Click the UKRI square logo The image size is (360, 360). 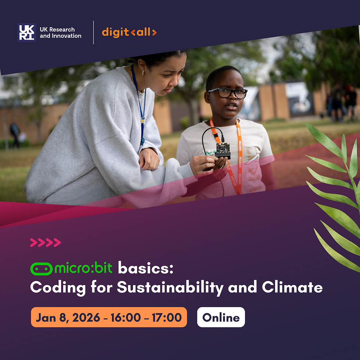click(x=26, y=32)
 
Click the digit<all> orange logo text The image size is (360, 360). click(x=129, y=32)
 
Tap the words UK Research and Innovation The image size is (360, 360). click(x=60, y=32)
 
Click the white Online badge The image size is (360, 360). click(x=221, y=317)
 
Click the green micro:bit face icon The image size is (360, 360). click(x=41, y=269)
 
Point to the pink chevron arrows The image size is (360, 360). click(x=45, y=242)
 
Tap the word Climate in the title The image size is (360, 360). click(x=292, y=287)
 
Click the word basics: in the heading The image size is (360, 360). click(x=145, y=269)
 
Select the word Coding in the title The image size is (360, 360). click(x=54, y=287)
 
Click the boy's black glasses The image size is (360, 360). click(x=228, y=93)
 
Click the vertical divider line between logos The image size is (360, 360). click(x=93, y=32)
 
